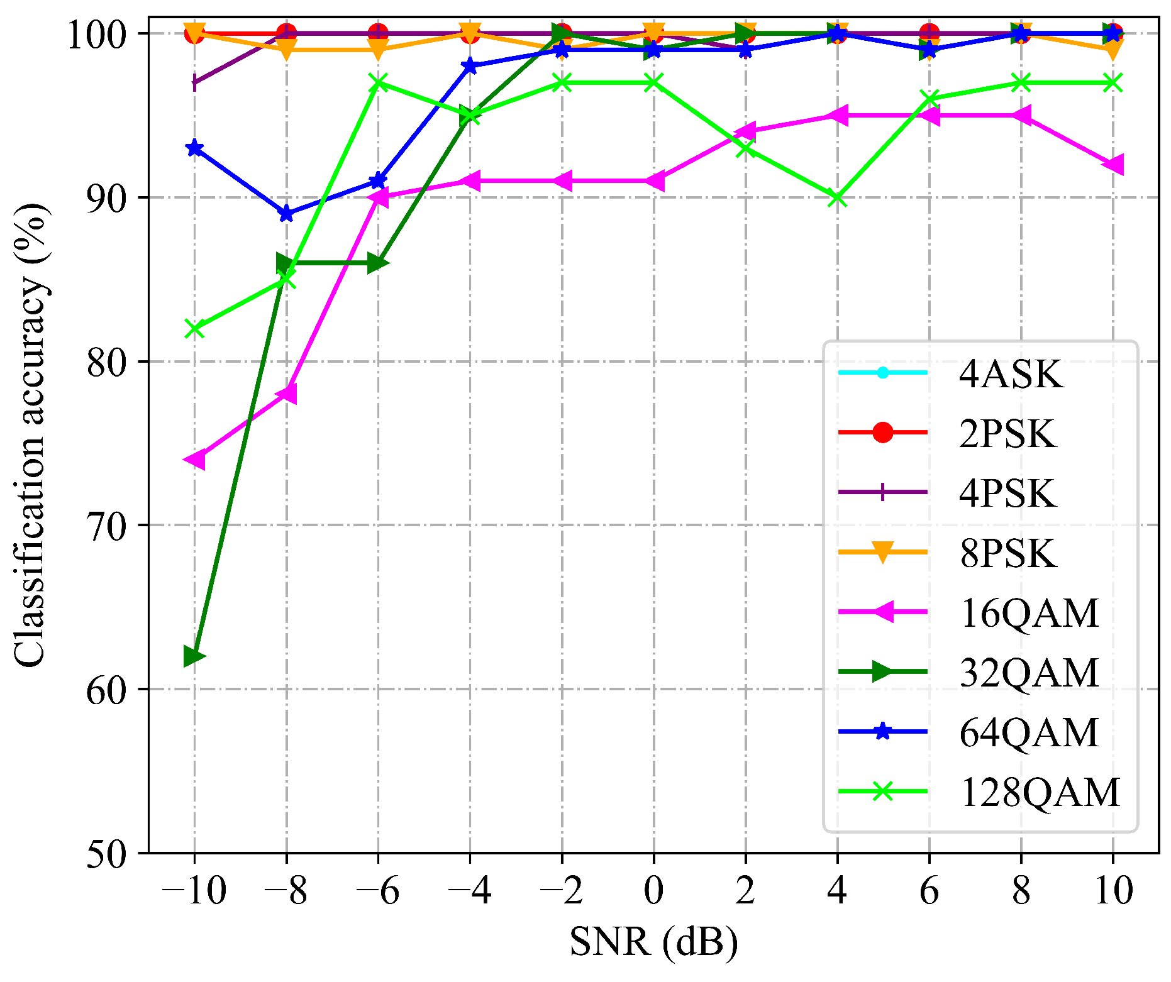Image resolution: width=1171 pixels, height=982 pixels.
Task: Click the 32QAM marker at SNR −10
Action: pos(194,656)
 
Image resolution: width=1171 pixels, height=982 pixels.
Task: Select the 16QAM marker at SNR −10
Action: pos(194,460)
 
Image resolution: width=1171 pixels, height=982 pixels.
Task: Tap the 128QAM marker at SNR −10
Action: pos(194,329)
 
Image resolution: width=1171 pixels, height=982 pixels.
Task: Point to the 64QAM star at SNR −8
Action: pos(286,214)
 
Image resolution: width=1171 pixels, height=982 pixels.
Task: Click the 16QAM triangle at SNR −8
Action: pos(286,394)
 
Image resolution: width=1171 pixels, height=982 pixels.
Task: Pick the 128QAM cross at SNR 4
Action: pos(837,198)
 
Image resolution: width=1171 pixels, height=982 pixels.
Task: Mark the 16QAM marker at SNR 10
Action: pos(1113,165)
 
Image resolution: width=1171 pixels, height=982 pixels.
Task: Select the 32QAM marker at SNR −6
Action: pos(378,263)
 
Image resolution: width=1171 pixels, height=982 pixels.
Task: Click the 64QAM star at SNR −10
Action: pos(194,148)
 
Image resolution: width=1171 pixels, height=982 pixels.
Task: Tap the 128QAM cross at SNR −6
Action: pos(378,82)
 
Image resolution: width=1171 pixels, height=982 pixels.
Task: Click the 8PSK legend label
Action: pos(1007,553)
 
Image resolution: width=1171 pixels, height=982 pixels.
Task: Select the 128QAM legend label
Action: pos(1040,792)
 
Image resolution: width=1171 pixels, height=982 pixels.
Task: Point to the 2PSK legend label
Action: pos(1007,434)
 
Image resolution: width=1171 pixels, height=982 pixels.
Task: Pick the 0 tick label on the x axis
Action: pos(653,891)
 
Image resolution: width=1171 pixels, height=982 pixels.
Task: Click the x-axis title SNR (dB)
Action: pos(653,942)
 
